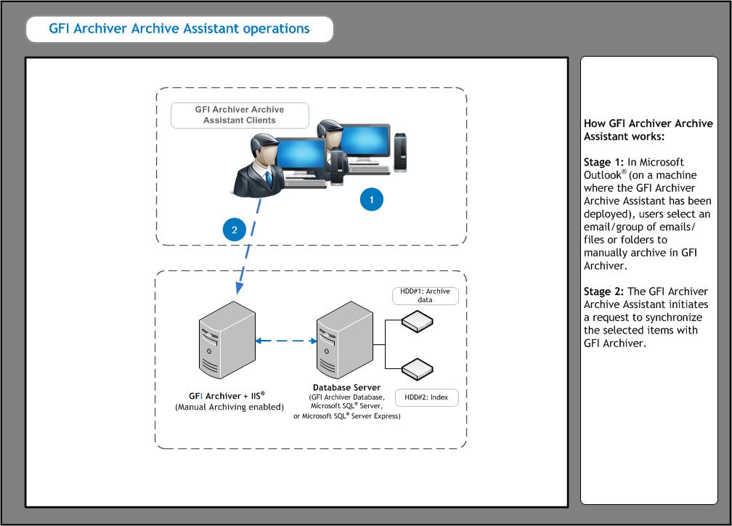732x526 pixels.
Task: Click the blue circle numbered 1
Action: (371, 199)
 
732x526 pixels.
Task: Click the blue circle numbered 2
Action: (234, 230)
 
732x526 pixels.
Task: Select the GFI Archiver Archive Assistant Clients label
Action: (240, 115)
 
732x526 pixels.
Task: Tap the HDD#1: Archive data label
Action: (425, 296)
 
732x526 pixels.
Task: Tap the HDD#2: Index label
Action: (426, 397)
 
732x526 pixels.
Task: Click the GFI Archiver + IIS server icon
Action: (227, 338)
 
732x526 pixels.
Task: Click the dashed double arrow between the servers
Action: (284, 339)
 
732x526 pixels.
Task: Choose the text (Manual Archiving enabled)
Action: (229, 408)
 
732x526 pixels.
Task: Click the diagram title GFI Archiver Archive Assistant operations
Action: (179, 30)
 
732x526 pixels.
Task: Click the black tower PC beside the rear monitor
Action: (400, 153)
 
